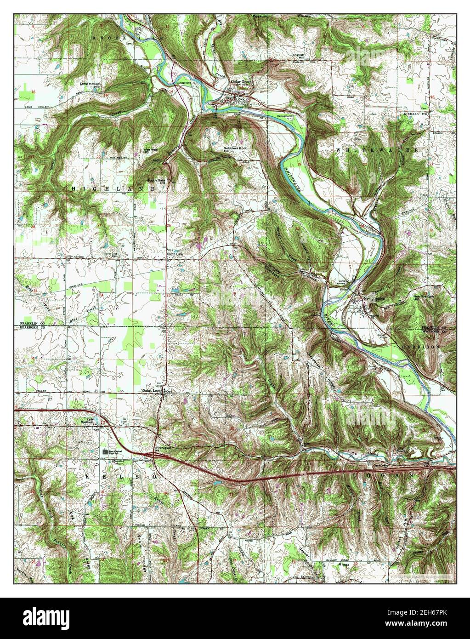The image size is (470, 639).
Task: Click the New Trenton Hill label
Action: click(423, 298)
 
